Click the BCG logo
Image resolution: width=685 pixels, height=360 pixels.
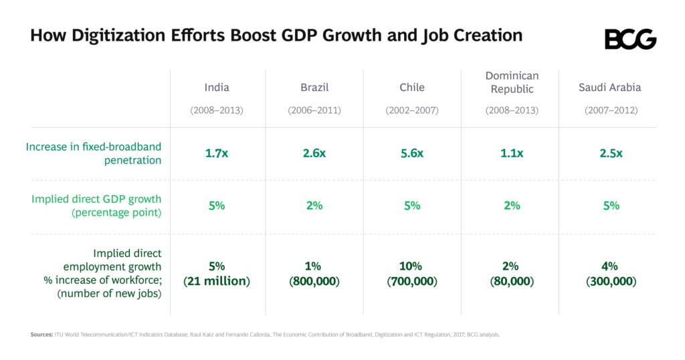[x=630, y=39]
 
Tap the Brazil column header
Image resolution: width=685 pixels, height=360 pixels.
[x=314, y=88]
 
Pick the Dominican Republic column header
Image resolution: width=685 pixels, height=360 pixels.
[x=512, y=82]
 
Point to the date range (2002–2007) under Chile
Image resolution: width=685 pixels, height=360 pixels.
[x=412, y=110]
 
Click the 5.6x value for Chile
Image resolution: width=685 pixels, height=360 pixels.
[x=412, y=153]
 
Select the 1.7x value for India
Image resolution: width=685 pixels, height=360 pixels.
[x=217, y=153]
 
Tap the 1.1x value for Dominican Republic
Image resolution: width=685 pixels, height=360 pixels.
[x=512, y=153]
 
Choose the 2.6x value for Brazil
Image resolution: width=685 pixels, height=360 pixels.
[x=314, y=153]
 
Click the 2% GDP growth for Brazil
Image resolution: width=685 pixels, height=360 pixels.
[x=314, y=205]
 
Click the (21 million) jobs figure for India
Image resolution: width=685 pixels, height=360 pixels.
[x=217, y=282]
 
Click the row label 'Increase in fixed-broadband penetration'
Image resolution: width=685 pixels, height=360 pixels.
[x=94, y=153]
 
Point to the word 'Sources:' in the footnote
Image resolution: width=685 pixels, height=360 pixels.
[x=41, y=335]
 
